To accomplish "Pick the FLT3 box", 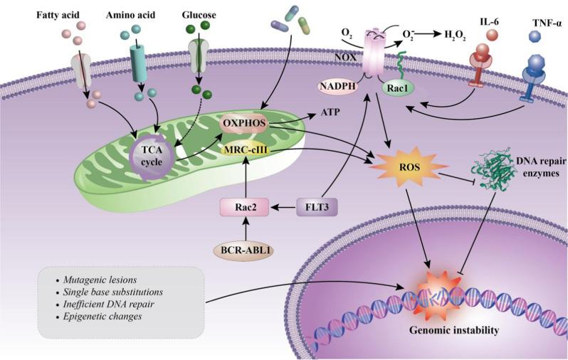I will (317, 208).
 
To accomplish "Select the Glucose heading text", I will (199, 14).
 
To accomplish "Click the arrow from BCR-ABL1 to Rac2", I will (244, 229).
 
